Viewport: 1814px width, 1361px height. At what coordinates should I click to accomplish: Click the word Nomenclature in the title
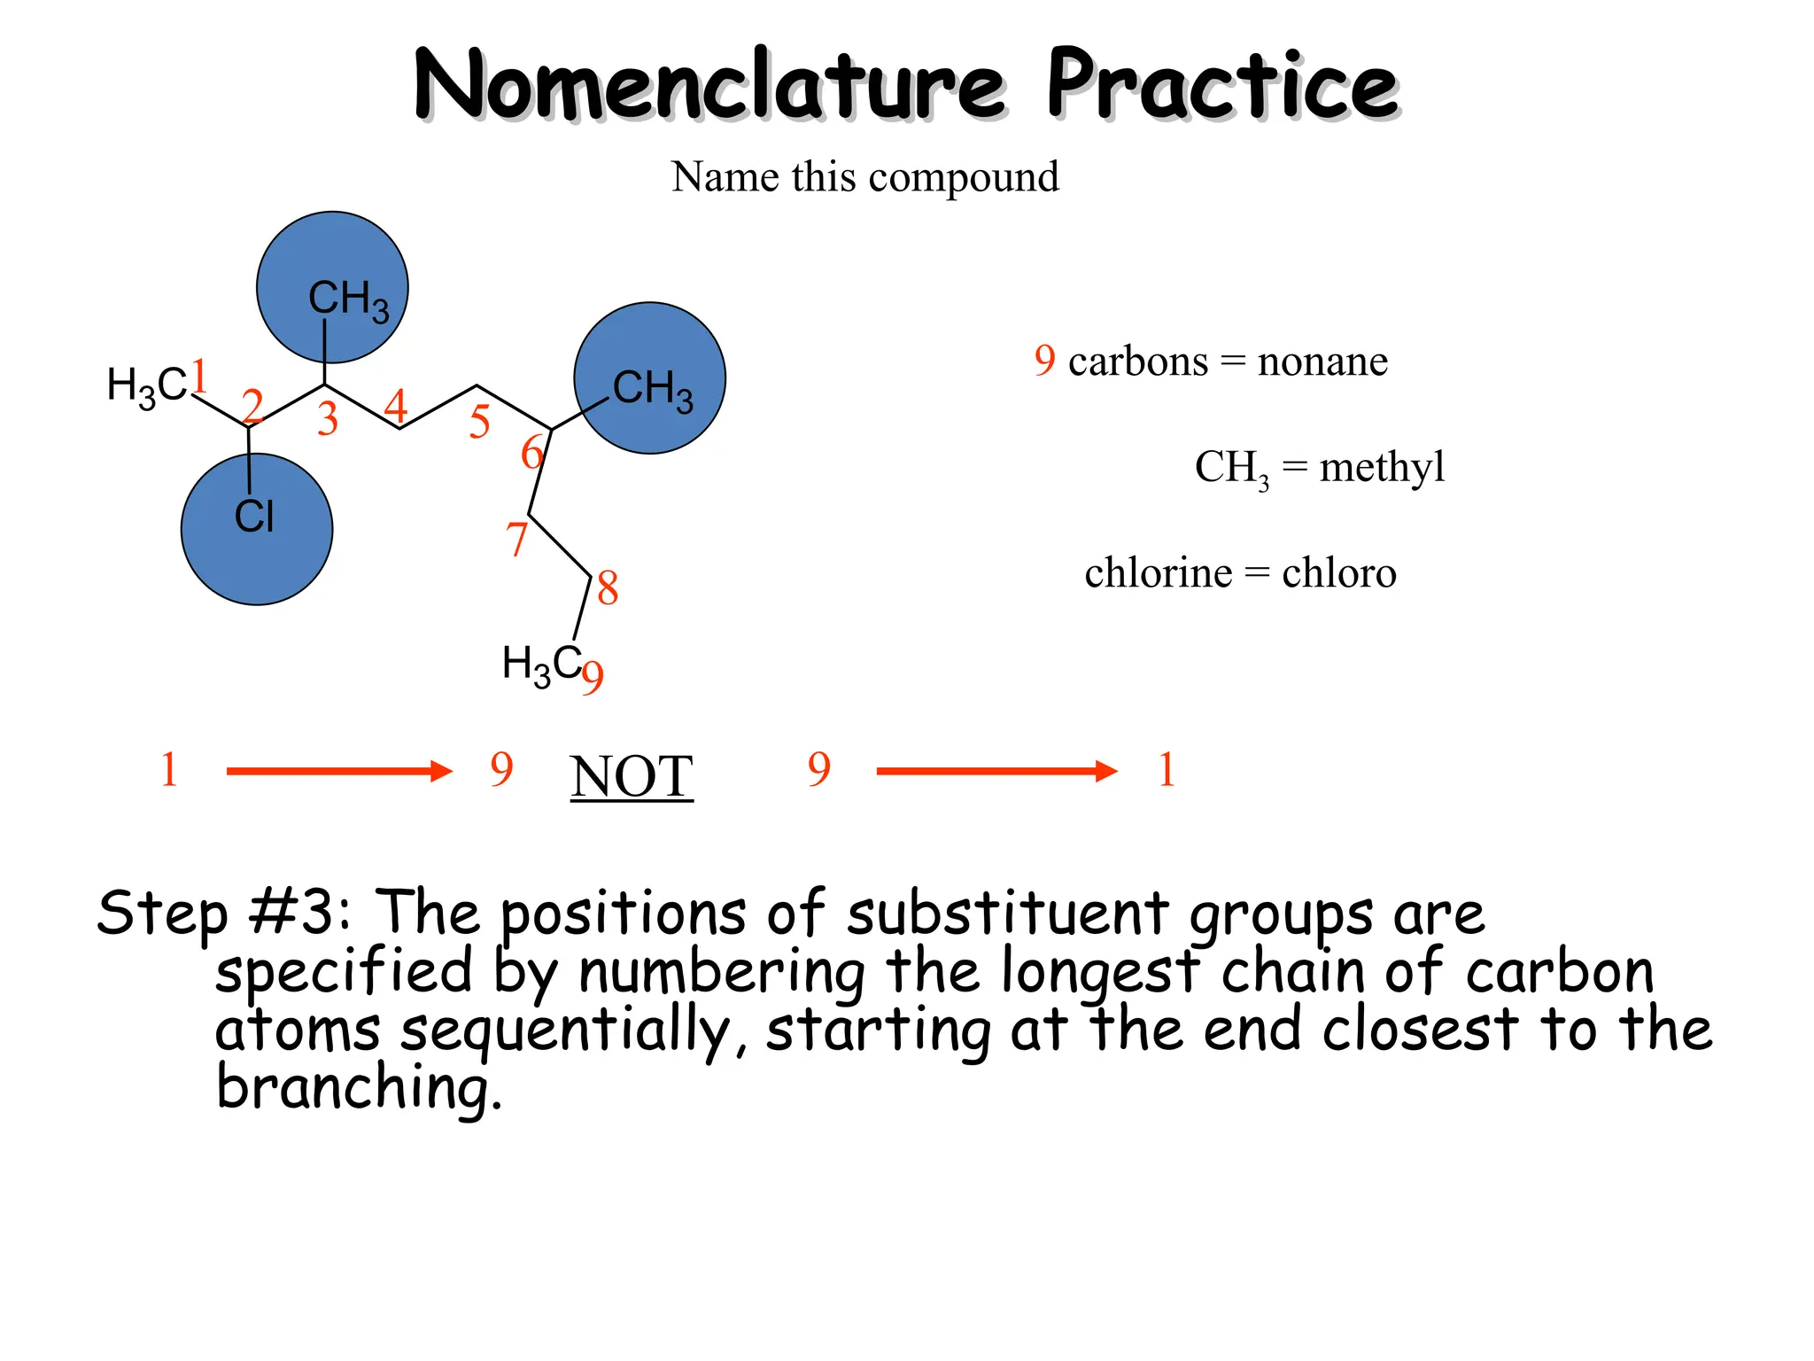709,86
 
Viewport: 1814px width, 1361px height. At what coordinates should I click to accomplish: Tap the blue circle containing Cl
257,530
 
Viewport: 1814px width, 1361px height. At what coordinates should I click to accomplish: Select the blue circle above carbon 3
332,286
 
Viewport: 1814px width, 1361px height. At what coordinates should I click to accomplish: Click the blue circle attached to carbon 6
649,378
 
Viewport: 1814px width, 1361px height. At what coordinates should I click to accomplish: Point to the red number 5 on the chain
479,422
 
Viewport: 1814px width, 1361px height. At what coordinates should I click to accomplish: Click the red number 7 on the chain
516,539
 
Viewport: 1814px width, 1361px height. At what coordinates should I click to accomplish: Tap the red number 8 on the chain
607,588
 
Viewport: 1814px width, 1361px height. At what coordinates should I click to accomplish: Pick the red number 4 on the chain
395,407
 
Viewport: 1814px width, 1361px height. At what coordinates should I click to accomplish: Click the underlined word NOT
631,777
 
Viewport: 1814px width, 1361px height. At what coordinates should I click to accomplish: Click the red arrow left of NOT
339,771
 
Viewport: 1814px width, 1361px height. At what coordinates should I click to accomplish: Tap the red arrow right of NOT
996,771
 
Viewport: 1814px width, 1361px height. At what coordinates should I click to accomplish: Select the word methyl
1381,467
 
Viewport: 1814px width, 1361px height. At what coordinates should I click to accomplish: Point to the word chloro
1338,573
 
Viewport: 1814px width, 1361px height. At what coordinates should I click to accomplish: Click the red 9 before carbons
1044,361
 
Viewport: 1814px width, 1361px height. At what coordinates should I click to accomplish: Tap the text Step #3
223,913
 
